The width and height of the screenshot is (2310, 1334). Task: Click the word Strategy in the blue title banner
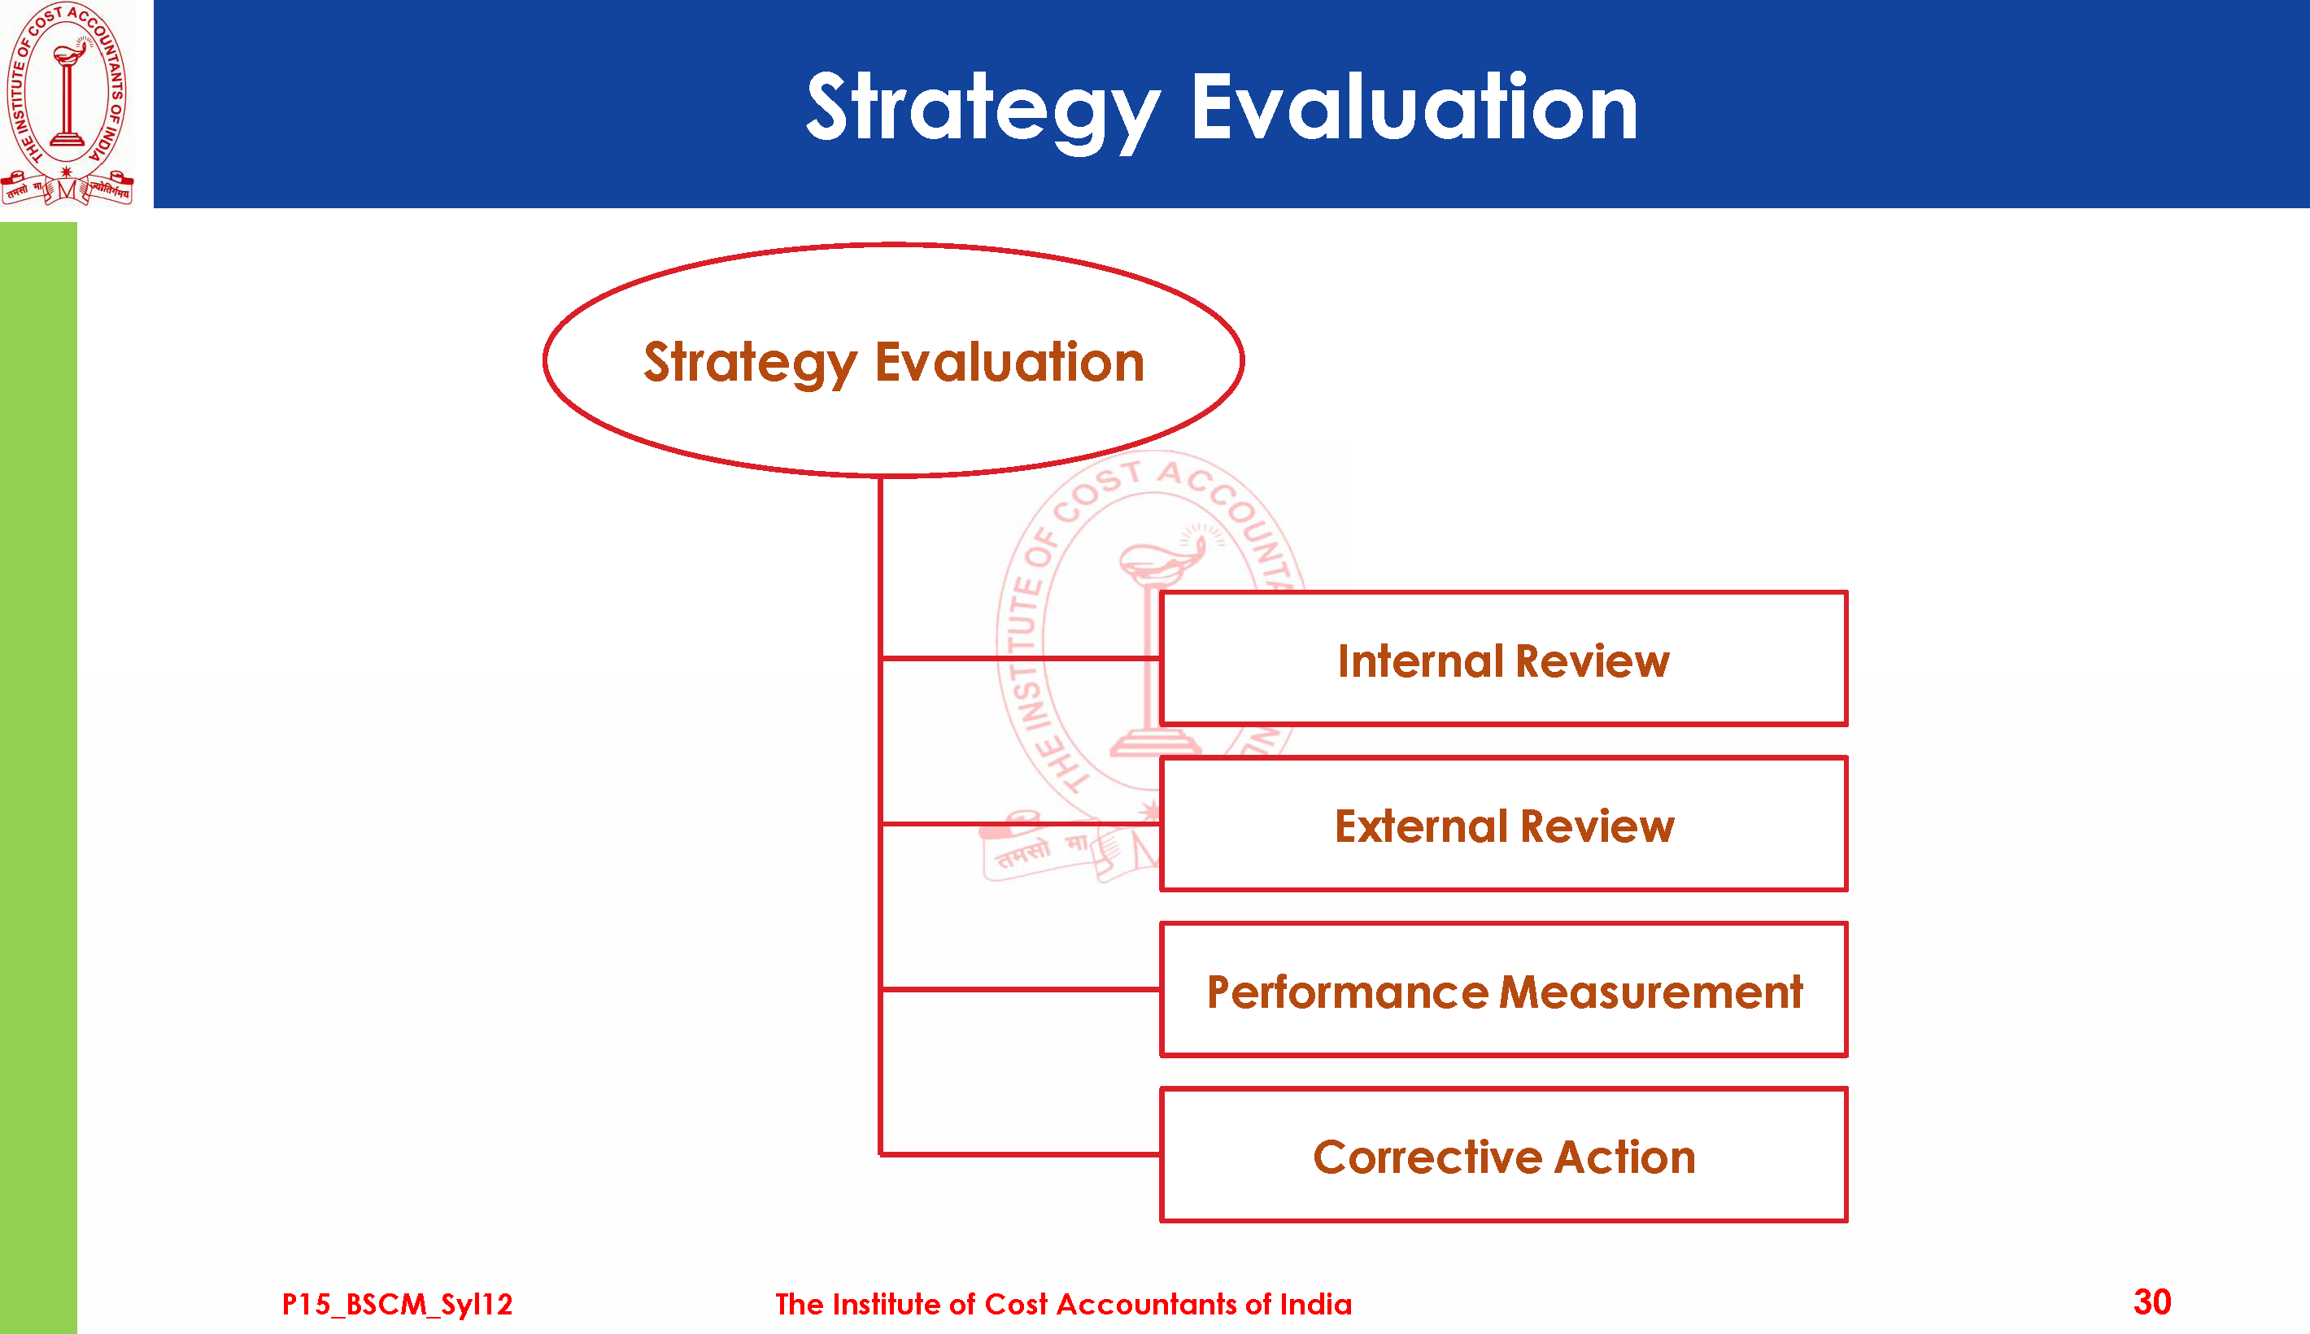[983, 111]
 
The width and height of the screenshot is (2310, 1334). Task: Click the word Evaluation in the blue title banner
[1414, 108]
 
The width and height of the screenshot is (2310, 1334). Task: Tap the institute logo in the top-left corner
[67, 102]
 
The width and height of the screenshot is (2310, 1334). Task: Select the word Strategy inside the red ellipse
[750, 364]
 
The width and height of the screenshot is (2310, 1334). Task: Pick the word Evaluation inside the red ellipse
[1009, 361]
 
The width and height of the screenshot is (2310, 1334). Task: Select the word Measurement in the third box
[1651, 992]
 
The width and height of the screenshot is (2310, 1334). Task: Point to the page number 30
[2151, 1302]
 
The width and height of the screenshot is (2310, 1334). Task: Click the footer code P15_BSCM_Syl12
[397, 1304]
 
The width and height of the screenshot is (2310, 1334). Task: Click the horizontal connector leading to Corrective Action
[1020, 1154]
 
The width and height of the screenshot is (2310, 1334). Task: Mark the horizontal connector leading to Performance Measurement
[1020, 989]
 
